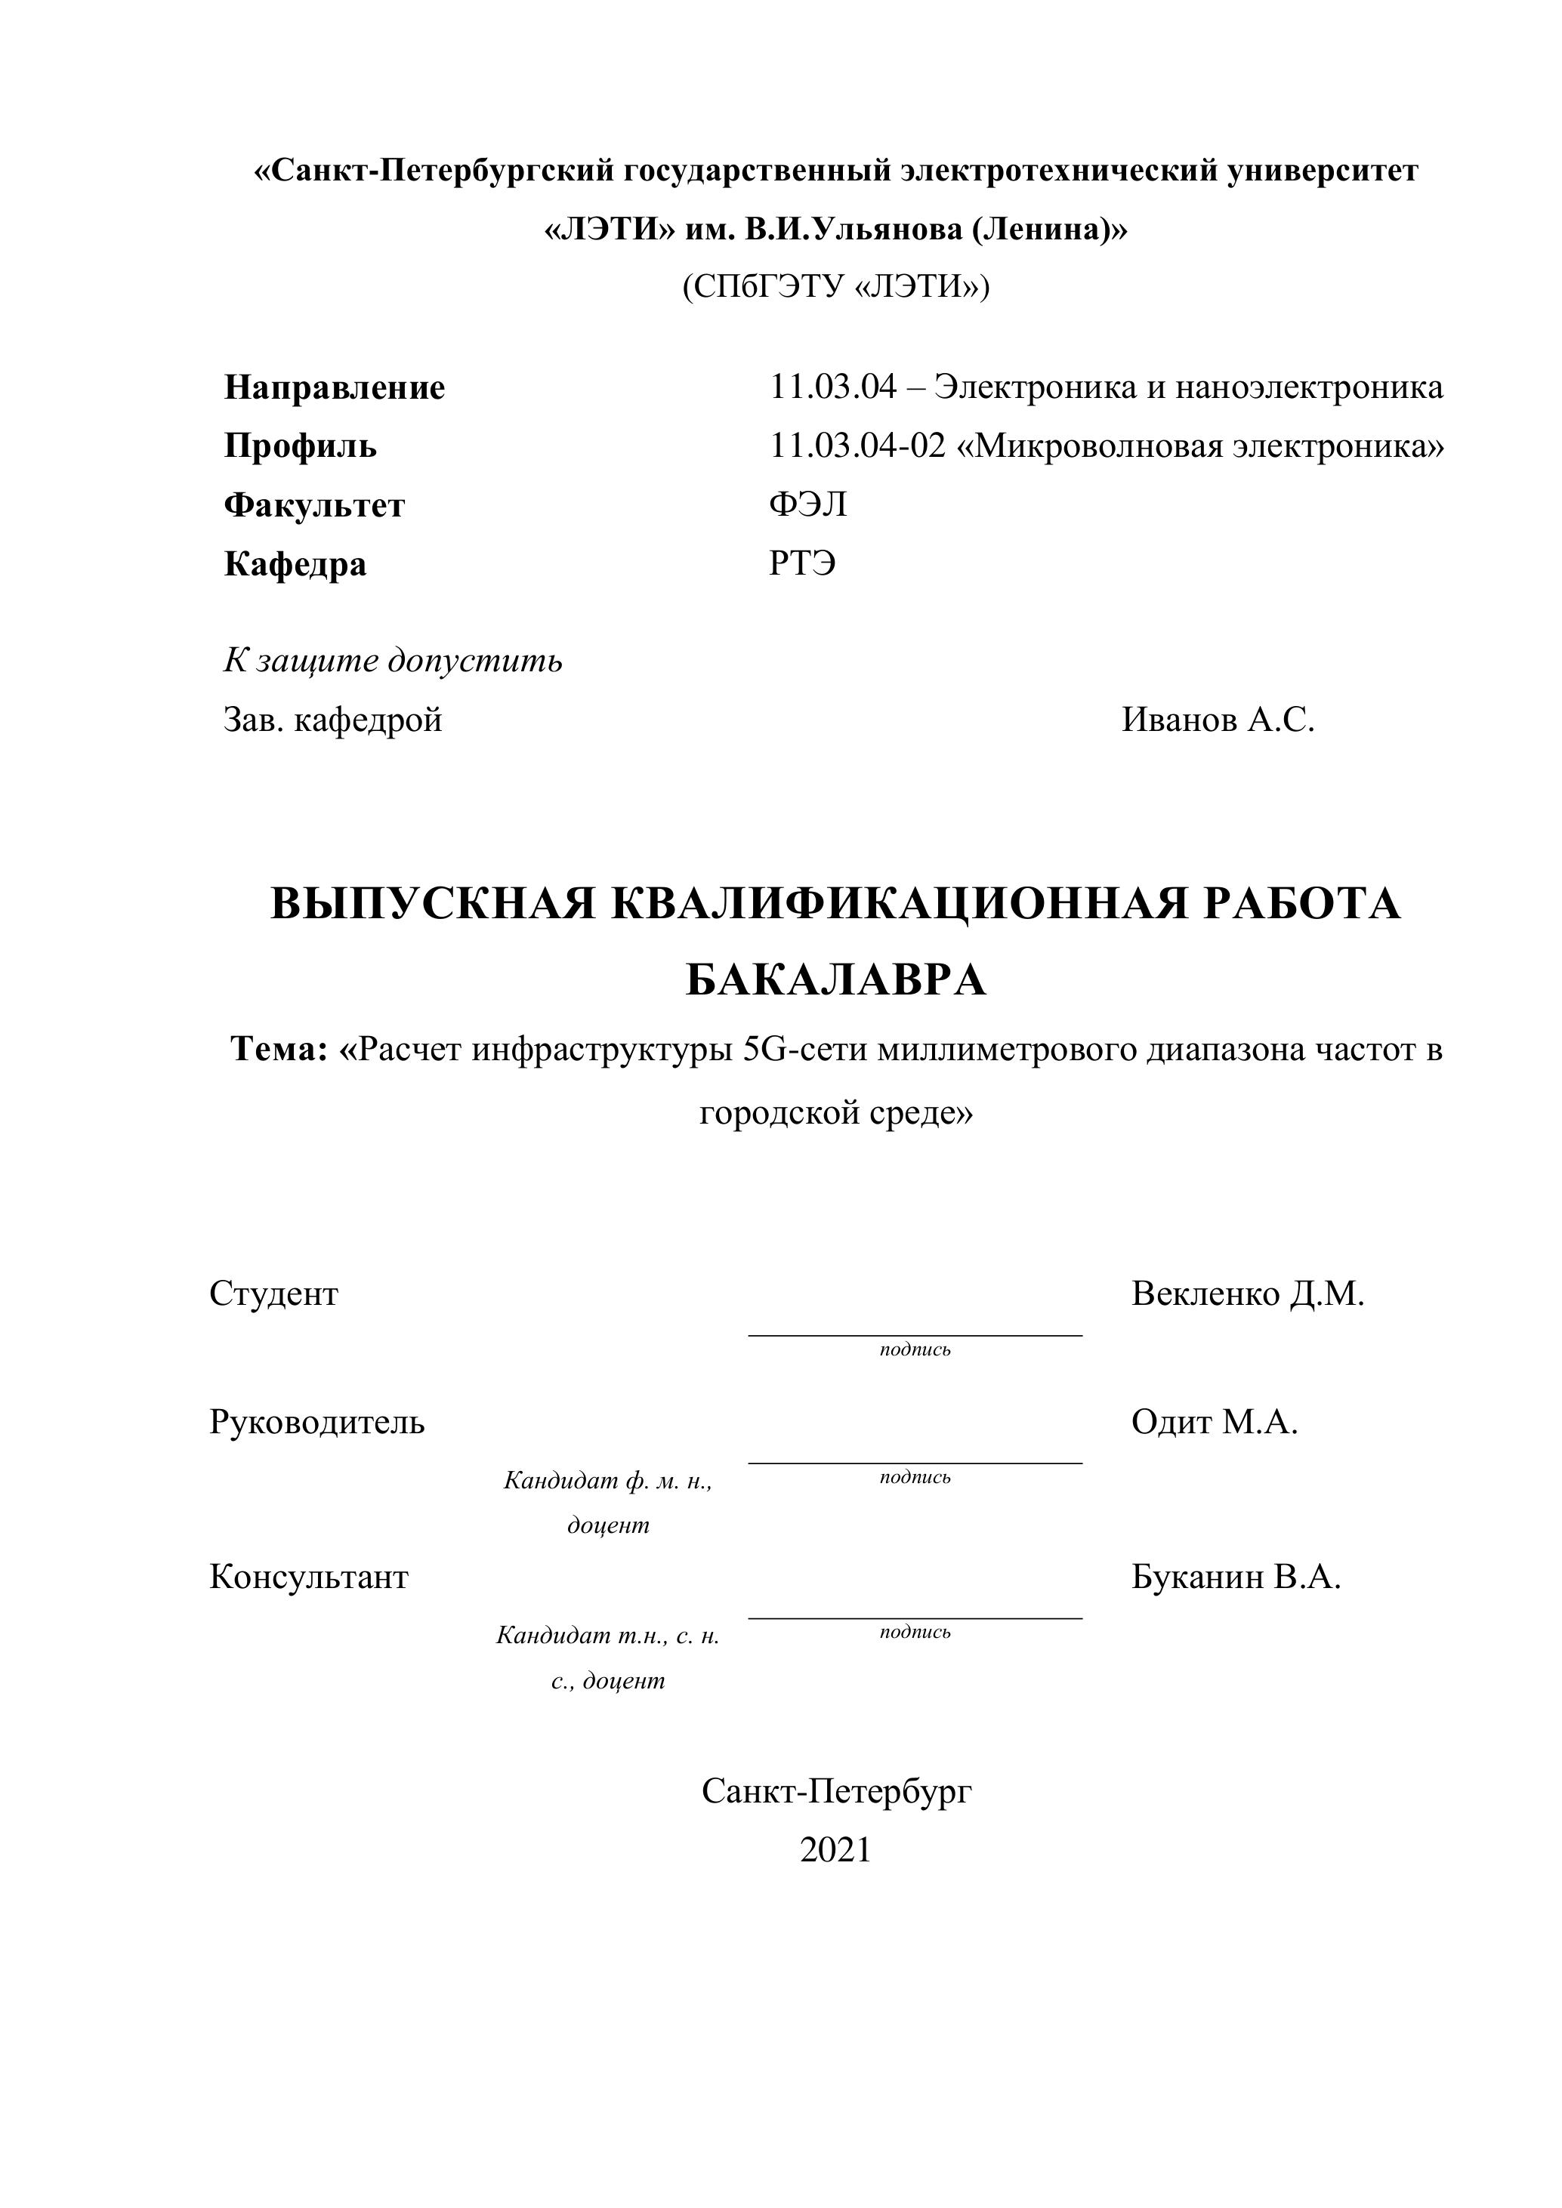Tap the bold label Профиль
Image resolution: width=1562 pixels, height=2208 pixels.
[x=300, y=446]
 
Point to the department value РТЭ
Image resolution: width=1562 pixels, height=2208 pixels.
[x=802, y=563]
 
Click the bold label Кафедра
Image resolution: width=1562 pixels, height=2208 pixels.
[x=295, y=563]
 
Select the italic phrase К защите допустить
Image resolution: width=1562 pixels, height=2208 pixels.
[x=393, y=661]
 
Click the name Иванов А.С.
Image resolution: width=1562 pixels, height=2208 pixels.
[x=1218, y=720]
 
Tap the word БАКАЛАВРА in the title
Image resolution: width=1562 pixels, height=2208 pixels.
[x=836, y=981]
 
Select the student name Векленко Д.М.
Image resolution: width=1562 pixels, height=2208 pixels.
[x=1248, y=1294]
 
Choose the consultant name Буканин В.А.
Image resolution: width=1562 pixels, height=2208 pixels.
[x=1235, y=1577]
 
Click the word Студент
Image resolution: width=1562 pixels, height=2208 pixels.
[x=274, y=1294]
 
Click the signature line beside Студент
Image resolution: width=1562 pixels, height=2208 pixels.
[x=915, y=1335]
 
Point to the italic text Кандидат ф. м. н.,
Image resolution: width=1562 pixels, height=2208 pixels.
[x=608, y=1481]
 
